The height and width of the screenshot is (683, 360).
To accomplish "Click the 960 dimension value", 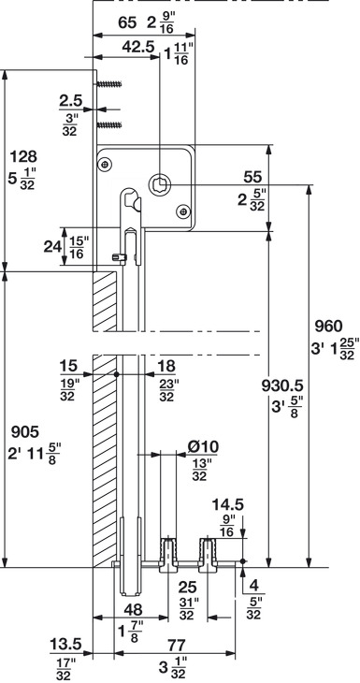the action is (x=328, y=326).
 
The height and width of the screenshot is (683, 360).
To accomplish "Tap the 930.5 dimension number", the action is (x=282, y=385).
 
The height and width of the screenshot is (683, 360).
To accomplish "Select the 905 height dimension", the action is (x=25, y=432).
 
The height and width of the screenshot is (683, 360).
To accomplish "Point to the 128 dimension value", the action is (x=23, y=156).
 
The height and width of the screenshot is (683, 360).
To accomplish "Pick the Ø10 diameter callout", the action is (x=203, y=447).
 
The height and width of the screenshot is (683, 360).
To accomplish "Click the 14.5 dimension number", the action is (x=227, y=505).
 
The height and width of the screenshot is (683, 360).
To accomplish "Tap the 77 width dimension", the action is (x=176, y=645).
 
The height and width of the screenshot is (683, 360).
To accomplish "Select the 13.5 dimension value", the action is (x=65, y=644).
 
